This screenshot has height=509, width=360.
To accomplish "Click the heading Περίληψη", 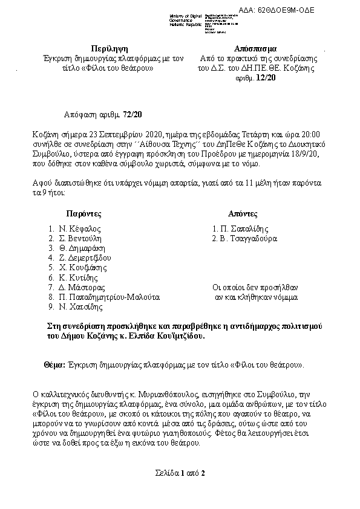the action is (110, 48).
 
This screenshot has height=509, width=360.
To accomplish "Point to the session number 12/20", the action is (265, 78).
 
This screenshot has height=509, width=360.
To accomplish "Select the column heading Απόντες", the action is (243, 214).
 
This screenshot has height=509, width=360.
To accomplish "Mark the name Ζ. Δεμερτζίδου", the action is (85, 258).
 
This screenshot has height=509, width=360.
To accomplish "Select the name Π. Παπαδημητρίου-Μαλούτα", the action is (109, 297).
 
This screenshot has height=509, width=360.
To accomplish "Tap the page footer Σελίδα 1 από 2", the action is (180, 473).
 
